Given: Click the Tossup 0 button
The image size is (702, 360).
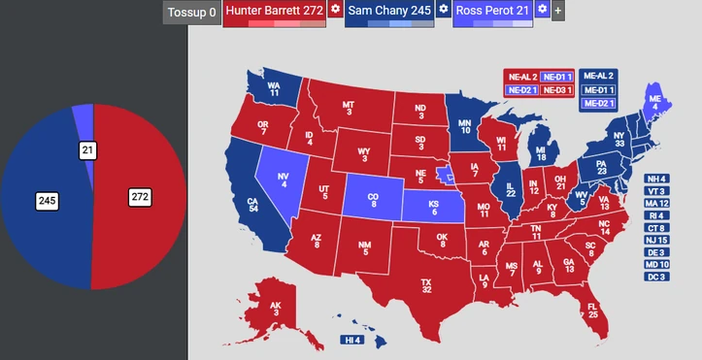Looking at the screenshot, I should [190, 14].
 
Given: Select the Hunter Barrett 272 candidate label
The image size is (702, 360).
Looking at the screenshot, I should [274, 11].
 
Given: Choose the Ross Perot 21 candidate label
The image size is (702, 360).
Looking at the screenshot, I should [492, 11].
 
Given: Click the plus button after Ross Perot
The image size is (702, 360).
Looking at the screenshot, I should [558, 12].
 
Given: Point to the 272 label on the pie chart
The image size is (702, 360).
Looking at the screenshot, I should [141, 197].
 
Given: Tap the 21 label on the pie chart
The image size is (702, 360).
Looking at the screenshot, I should [87, 150].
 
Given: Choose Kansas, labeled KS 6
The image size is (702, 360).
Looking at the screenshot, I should [434, 209].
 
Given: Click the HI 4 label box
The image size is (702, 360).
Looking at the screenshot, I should [351, 341].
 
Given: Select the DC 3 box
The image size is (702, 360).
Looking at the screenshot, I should [656, 278].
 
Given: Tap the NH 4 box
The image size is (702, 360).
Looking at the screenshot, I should [656, 180].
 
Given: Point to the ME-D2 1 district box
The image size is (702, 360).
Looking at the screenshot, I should [598, 103].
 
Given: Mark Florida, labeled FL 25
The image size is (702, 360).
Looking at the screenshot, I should [592, 310].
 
